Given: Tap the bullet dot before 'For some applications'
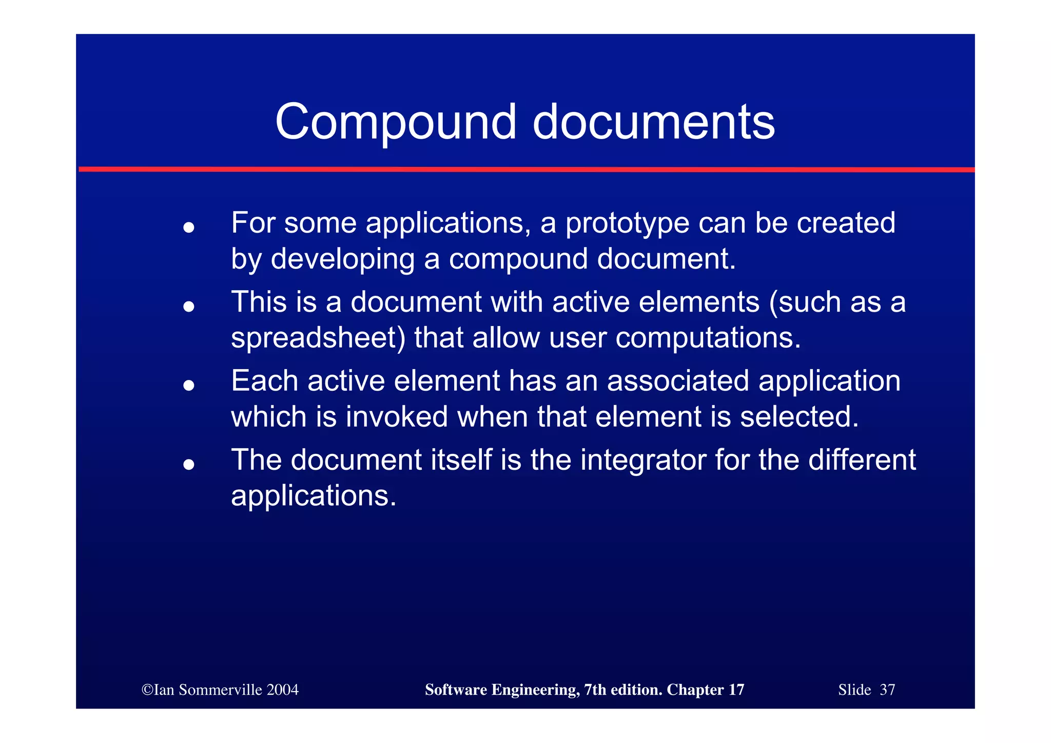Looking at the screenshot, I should (x=189, y=227).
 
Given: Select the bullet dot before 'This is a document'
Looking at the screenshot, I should (x=189, y=307).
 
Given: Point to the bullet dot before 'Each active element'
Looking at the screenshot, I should (x=189, y=385).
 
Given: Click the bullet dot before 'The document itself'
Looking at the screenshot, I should (x=189, y=464).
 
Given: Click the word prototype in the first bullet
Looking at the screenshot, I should (x=627, y=224).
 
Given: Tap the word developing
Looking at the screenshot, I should (x=342, y=259).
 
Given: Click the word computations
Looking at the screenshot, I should (x=708, y=338).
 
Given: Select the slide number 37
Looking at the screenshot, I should (x=887, y=690).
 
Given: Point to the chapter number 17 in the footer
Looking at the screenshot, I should (x=736, y=690).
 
